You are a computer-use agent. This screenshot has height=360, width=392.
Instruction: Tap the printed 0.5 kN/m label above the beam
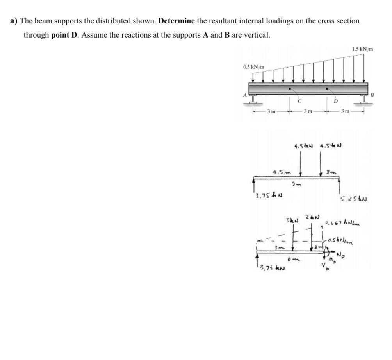(253, 67)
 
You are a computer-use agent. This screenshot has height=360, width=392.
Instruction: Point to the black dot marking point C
(289, 88)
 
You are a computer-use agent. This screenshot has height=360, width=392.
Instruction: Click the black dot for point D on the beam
(327, 88)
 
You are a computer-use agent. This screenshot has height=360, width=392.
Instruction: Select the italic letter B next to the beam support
(372, 95)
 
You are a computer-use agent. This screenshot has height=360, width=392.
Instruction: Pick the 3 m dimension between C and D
(308, 111)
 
